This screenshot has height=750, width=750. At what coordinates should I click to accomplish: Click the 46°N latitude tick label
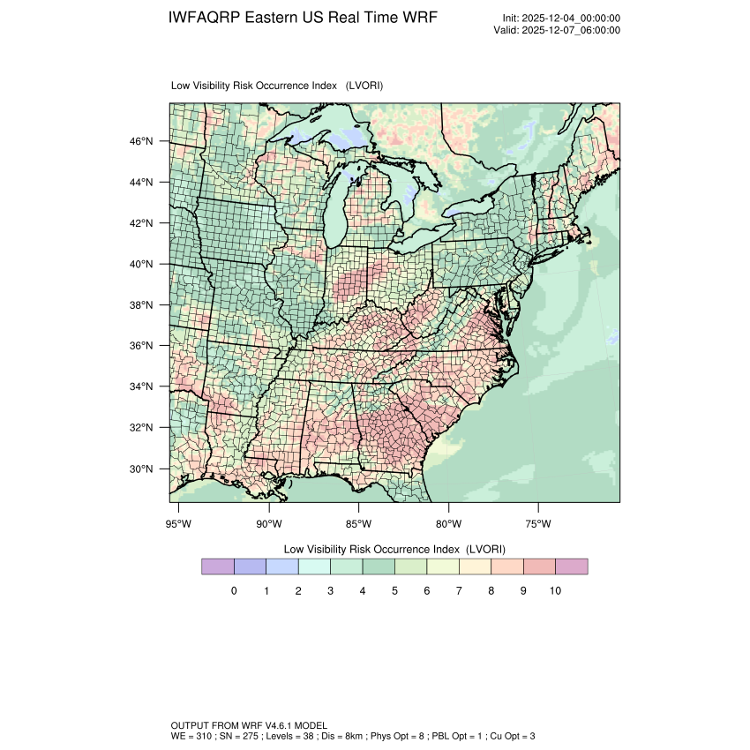[143, 141]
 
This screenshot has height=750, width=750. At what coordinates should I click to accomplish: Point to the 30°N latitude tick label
[143, 469]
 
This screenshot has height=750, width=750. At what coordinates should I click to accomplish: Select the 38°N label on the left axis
[143, 305]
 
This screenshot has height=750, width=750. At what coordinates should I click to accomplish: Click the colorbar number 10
[555, 590]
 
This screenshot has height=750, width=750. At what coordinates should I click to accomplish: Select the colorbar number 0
[234, 590]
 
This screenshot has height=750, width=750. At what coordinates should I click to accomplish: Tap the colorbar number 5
[394, 590]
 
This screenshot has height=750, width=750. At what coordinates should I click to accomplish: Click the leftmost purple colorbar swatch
[217, 566]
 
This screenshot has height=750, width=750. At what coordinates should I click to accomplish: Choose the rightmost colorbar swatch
[572, 566]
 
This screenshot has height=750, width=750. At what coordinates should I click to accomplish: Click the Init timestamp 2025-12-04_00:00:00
[572, 18]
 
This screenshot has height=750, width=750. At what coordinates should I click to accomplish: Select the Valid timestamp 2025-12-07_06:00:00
[572, 30]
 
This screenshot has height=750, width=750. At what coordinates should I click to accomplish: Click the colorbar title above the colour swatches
[394, 548]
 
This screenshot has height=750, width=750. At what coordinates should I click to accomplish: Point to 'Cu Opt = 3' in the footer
[511, 735]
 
